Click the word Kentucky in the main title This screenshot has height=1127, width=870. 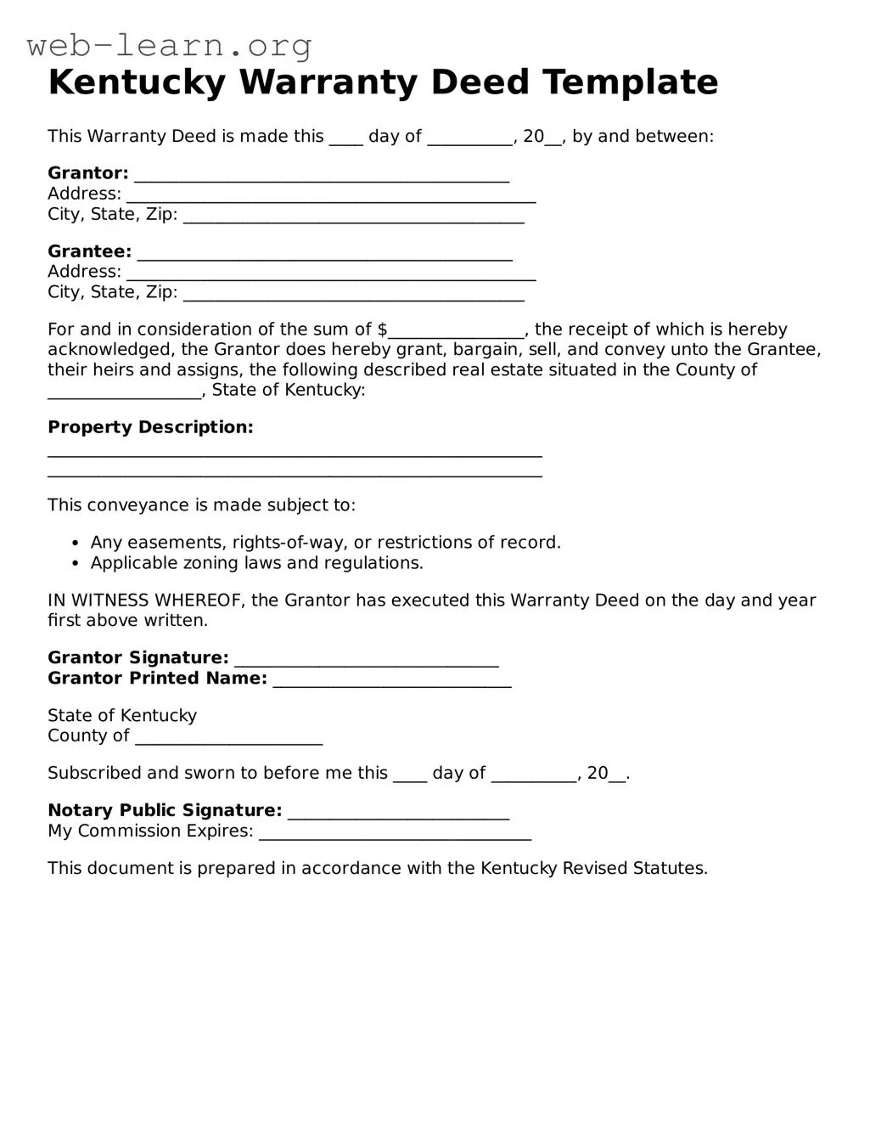click(137, 82)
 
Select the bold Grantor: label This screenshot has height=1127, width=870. click(87, 173)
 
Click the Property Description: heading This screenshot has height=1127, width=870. click(150, 427)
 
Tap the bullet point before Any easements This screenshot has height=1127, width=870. click(75, 544)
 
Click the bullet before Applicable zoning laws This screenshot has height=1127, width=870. click(75, 564)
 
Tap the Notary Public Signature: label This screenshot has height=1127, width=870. click(165, 810)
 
